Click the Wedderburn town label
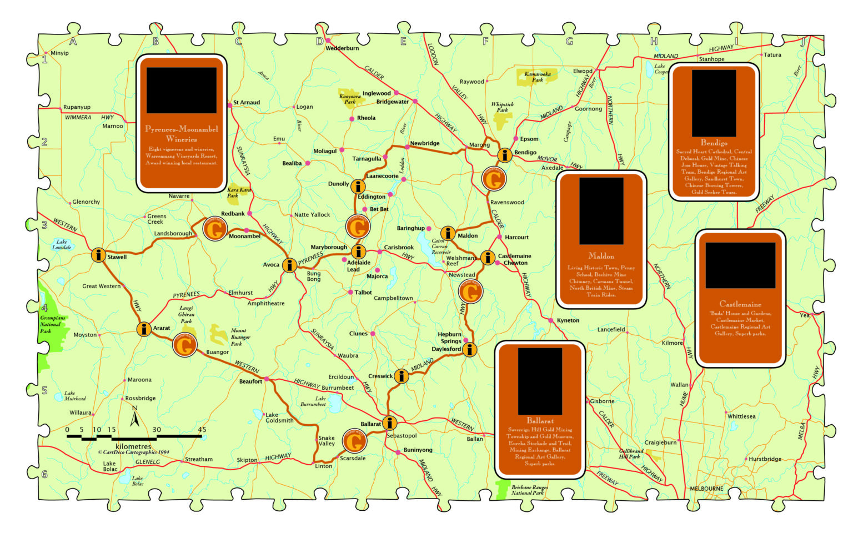click(342, 48)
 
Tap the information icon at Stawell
click(98, 255)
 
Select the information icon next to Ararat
click(144, 329)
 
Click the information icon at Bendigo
click(504, 155)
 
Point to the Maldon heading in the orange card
click(601, 256)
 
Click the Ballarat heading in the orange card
click(540, 420)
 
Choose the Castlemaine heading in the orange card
click(740, 304)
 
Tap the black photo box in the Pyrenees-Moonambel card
click(181, 90)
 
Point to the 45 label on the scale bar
click(202, 429)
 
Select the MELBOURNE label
click(706, 489)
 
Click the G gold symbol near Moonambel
click(214, 228)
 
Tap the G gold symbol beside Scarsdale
click(354, 441)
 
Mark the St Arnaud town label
click(247, 102)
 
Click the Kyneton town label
click(568, 320)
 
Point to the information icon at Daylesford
click(470, 349)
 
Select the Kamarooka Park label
click(538, 77)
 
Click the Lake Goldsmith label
click(279, 418)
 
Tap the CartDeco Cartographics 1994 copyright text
click(134, 452)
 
